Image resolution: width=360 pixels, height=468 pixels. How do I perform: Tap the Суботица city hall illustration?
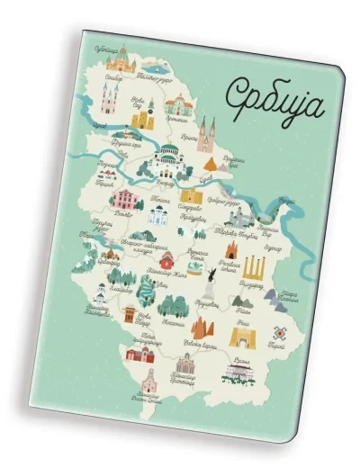(x=118, y=61)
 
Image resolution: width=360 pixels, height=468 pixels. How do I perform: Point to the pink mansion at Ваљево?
(x=125, y=199)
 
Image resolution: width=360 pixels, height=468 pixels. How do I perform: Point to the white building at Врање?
(x=238, y=368)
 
